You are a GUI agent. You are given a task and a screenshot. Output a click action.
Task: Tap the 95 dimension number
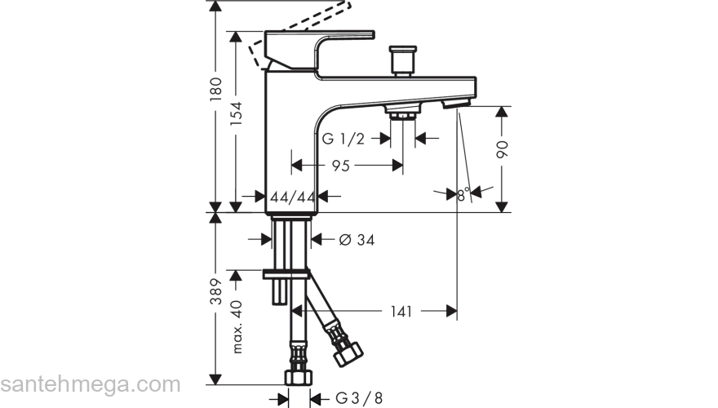pos(341,166)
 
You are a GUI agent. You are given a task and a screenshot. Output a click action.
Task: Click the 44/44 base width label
pos(293,197)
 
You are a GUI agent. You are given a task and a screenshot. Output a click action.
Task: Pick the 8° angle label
pos(463,195)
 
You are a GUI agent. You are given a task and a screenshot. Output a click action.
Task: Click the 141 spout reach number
pos(400,311)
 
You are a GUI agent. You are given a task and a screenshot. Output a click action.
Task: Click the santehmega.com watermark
pos(90,384)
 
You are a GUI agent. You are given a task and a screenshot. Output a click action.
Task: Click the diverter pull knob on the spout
pos(402,60)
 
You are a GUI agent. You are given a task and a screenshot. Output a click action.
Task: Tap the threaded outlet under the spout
pos(401,113)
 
